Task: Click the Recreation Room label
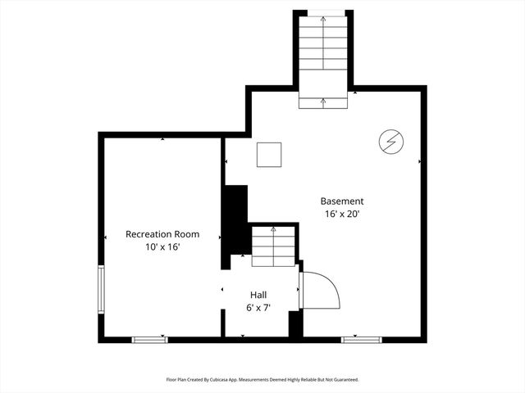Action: (162, 234)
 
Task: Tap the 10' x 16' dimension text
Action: (162, 246)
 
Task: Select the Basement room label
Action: (341, 201)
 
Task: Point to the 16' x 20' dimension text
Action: (341, 214)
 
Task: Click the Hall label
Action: (258, 295)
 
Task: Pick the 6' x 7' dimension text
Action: (258, 308)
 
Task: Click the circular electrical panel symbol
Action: (390, 142)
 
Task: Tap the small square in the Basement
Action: (269, 154)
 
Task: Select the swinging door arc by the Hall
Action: (322, 290)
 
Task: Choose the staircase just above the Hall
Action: (272, 245)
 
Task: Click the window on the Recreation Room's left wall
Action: (101, 288)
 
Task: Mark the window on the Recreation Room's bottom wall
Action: (150, 338)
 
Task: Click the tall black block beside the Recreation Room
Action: (235, 225)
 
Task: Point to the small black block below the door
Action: (295, 323)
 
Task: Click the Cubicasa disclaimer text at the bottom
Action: (262, 380)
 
